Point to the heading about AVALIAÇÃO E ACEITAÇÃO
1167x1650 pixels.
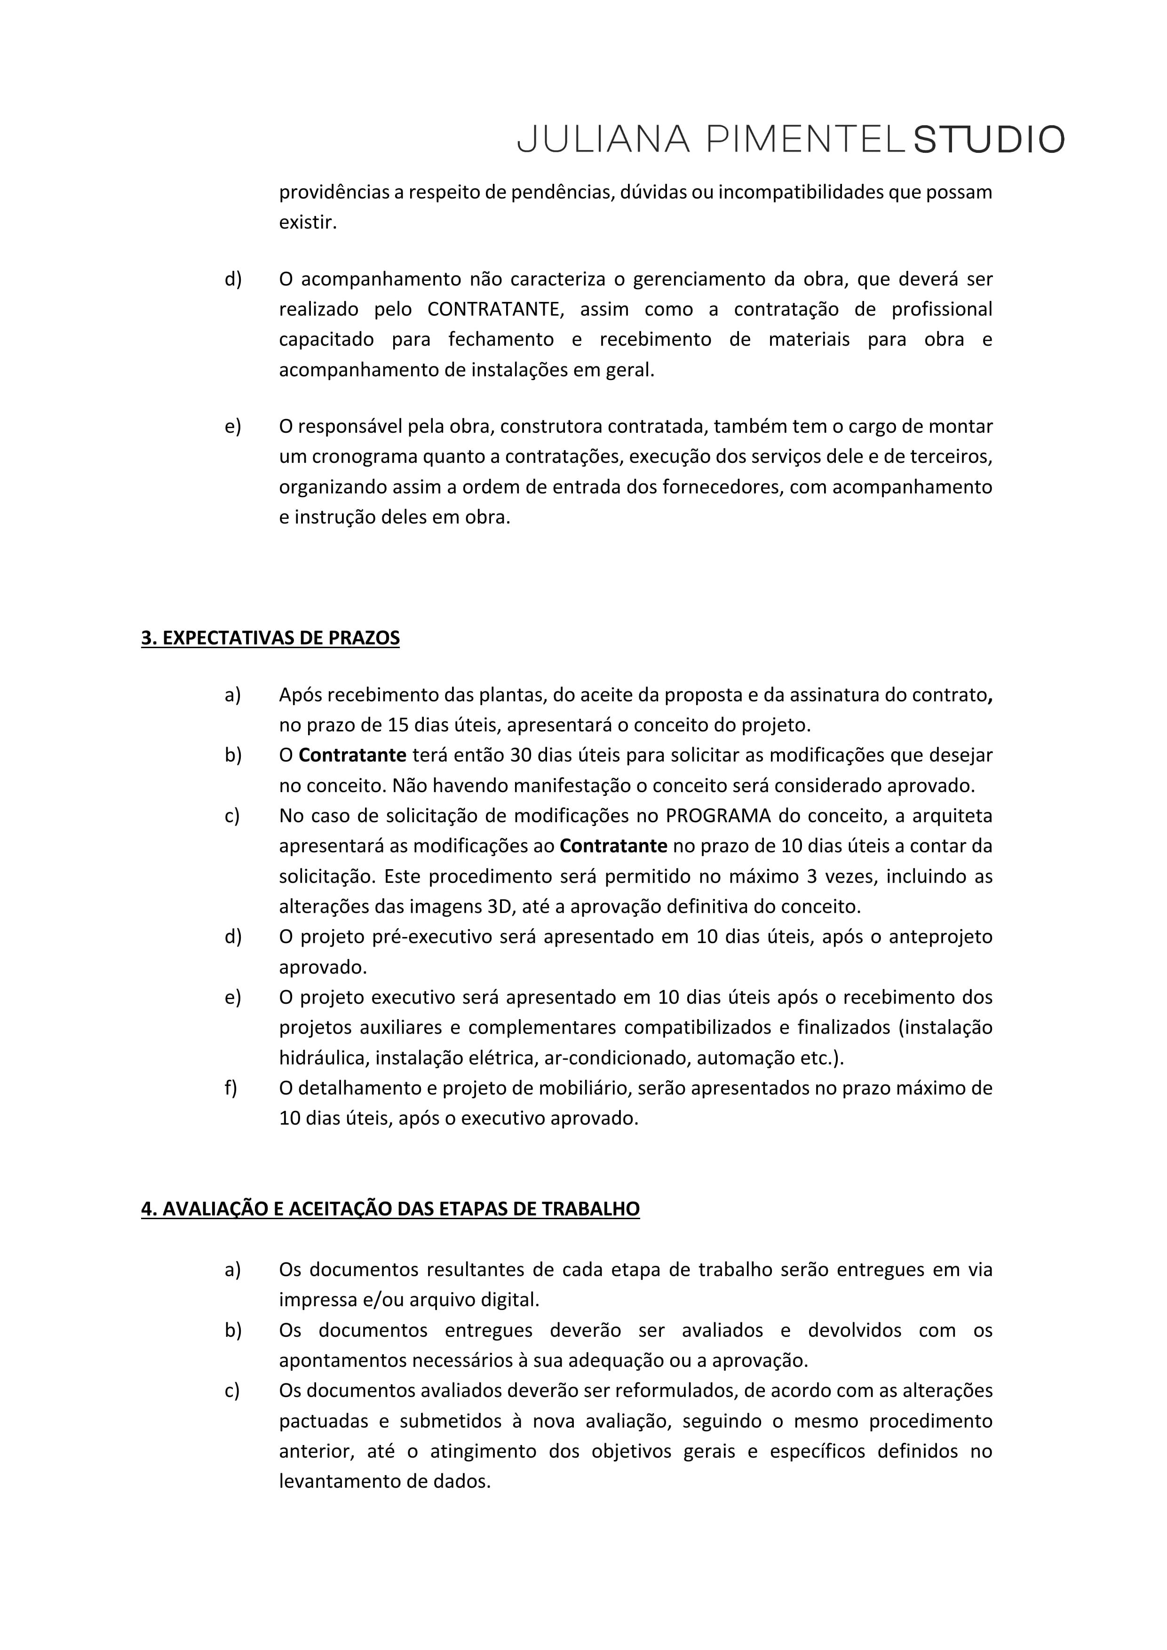390,1209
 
